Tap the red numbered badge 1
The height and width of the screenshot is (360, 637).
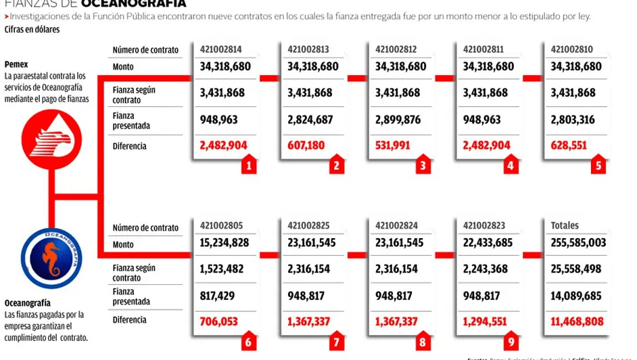click(250, 165)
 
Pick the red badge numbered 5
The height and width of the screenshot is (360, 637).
click(598, 165)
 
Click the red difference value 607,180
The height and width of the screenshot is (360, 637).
click(311, 145)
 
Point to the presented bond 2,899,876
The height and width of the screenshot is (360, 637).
click(398, 120)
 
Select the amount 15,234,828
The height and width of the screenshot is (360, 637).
click(225, 242)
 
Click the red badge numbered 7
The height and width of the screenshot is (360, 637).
click(336, 342)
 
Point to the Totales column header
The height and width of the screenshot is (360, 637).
click(565, 225)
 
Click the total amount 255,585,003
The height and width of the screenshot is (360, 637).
click(578, 242)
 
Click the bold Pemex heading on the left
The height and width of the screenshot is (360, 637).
click(16, 63)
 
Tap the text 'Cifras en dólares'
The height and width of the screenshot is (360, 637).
click(31, 30)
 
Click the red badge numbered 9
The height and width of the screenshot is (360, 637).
click(511, 342)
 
